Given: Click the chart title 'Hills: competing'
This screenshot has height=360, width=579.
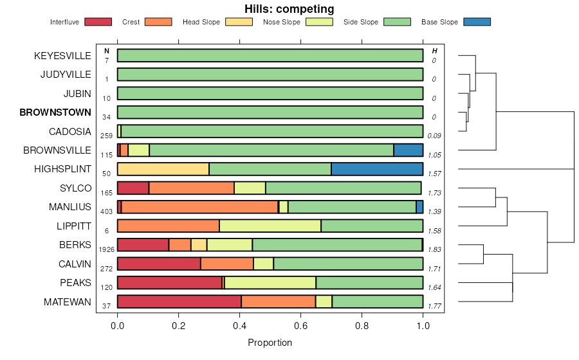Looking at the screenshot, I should pos(289,9).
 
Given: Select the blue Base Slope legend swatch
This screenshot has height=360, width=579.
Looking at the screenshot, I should pos(477,22).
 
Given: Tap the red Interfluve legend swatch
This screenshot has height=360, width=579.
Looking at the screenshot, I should pos(98,22).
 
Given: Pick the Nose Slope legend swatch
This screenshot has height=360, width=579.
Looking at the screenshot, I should pos(318,22).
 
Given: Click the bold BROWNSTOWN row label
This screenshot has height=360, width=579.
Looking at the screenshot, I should pos(55,113).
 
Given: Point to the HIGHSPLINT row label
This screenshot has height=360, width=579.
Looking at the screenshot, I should pos(62,169).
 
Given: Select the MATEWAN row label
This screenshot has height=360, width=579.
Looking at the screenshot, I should pos(68,301).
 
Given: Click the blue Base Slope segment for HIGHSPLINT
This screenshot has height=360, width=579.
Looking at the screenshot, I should pos(377,169).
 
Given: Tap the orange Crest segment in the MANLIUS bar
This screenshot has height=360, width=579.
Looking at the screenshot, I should pos(199,207).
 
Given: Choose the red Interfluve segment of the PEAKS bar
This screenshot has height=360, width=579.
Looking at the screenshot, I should pos(169,283).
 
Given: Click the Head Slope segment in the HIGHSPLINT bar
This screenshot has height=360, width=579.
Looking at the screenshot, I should pos(163,169).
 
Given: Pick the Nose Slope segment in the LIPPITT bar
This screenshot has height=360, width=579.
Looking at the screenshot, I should pos(270,226).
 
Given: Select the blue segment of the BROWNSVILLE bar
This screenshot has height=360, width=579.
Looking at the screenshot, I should pos(408,150).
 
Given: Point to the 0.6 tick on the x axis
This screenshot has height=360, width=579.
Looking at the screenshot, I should pos(300,326).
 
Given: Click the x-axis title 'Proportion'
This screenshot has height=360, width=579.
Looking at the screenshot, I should pos(270,343).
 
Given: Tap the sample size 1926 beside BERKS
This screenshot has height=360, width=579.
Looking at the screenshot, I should pos(106,249).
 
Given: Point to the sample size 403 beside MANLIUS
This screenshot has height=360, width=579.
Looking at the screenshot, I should pos(106,211).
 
